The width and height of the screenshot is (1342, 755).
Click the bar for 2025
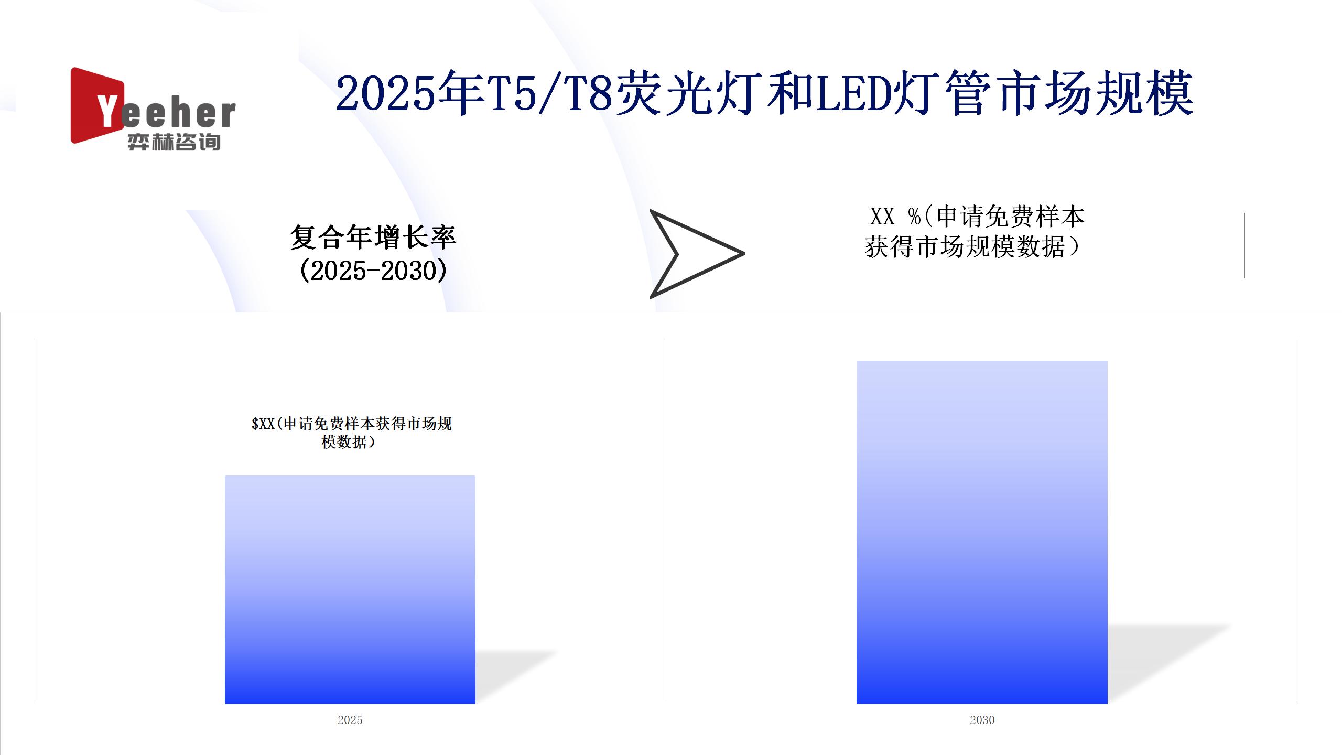pos(350,589)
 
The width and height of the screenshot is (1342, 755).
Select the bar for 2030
pos(982,532)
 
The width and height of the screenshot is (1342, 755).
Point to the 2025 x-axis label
pos(350,720)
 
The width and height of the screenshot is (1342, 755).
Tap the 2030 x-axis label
pos(982,720)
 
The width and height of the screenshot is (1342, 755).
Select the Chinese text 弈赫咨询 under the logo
pos(174,142)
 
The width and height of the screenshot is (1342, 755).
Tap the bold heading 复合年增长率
pos(373,238)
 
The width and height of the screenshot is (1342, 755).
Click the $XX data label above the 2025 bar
pos(351,433)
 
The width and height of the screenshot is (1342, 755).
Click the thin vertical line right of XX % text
pos(1244,245)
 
